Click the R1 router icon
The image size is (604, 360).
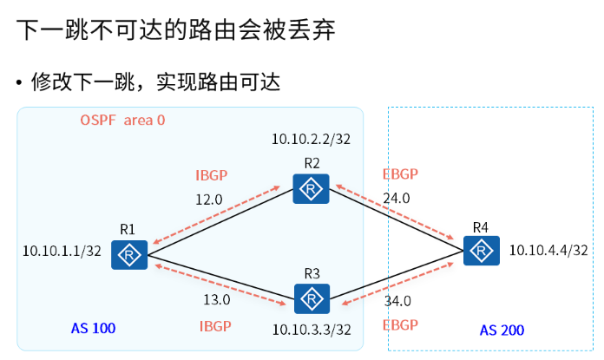(x=130, y=254)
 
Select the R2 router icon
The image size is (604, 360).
(x=311, y=188)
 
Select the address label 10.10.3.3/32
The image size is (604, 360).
(x=312, y=331)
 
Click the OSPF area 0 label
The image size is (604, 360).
(x=122, y=120)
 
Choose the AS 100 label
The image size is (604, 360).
(x=93, y=328)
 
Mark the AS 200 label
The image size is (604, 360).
(x=502, y=330)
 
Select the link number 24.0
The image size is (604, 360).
(x=397, y=198)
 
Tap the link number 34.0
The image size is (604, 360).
(x=398, y=301)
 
